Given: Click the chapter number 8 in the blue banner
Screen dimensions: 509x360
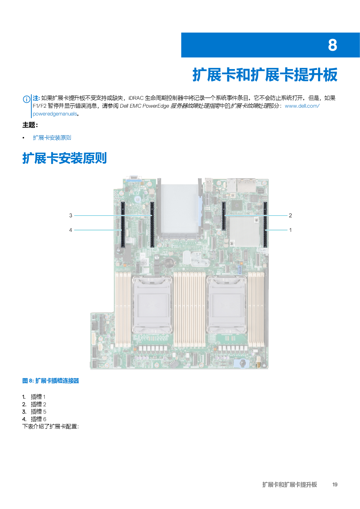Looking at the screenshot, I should (332, 45).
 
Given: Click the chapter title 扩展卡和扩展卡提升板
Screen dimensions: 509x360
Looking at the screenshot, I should (265, 75).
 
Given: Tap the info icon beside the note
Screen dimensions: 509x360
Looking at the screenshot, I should (26, 99).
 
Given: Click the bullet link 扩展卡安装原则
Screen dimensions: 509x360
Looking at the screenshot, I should (52, 138).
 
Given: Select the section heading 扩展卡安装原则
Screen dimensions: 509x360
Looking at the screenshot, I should (64, 158).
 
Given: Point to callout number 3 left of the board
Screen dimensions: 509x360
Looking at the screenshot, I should (71, 215).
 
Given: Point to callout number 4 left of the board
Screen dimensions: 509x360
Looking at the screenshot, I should (71, 230).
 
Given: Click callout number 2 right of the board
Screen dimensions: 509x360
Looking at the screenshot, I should (290, 215).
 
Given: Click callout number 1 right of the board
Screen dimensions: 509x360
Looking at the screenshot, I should (290, 230).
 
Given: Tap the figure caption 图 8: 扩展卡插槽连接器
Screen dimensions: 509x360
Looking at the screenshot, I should (51, 381).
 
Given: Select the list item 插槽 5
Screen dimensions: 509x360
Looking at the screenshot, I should (38, 411).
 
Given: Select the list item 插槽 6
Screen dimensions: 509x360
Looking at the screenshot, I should (38, 419).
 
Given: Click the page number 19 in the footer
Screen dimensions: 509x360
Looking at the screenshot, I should (335, 484).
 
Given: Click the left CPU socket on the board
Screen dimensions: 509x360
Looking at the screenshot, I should (152, 305).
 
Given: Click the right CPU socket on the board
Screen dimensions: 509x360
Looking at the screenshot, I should (227, 305).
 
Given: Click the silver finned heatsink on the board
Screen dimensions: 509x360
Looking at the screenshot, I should (244, 231).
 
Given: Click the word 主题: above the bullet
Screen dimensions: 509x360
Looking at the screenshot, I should (30, 125).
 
